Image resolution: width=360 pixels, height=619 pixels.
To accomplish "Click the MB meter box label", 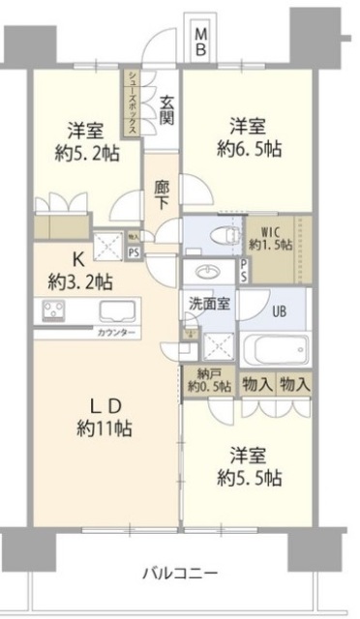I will pyautogui.click(x=201, y=42).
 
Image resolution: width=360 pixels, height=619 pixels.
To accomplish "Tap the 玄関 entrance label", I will pyautogui.click(x=167, y=109).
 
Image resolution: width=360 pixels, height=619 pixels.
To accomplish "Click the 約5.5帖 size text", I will pyautogui.click(x=248, y=477).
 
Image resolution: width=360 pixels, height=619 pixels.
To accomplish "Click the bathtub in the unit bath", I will pyautogui.click(x=275, y=349).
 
